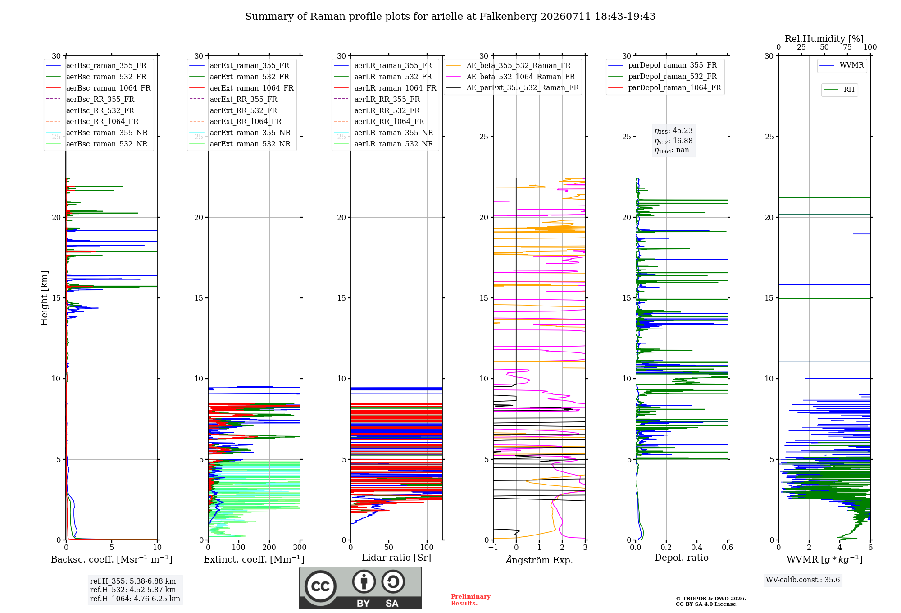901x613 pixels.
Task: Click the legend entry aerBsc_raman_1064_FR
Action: pos(98,88)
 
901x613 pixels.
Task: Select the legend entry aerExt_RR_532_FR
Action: pos(233,110)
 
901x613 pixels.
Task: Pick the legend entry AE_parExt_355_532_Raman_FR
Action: pos(513,87)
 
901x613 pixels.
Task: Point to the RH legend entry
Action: pos(839,90)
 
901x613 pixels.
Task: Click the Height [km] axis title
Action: pos(44,298)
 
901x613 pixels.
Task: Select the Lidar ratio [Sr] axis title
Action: pos(396,558)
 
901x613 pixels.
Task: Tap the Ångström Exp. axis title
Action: pos(539,560)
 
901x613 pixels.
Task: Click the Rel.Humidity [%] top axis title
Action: pos(824,39)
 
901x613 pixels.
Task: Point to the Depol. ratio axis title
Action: pos(682,558)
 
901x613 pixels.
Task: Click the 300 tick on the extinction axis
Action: pos(300,547)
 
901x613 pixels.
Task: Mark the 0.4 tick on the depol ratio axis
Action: pos(697,547)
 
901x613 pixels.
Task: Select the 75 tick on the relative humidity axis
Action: pos(847,47)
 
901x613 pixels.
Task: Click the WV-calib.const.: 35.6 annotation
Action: pos(803,580)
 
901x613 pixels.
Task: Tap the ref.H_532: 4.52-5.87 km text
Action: pos(133,590)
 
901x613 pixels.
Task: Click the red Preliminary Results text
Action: pos(471,600)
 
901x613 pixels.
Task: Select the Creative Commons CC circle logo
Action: pos(320,586)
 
